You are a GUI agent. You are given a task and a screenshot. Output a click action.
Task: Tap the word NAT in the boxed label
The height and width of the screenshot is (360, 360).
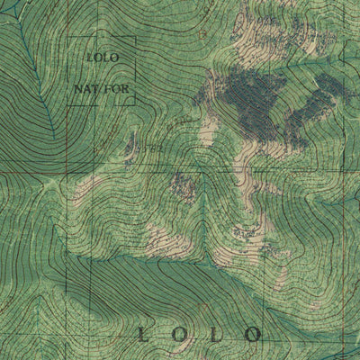click(85, 90)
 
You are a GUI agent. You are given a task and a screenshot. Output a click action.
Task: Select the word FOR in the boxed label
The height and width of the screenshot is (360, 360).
click(114, 90)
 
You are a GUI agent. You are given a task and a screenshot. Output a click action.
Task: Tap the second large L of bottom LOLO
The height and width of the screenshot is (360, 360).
click(216, 336)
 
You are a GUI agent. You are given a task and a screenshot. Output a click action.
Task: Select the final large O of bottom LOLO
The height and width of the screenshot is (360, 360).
click(253, 336)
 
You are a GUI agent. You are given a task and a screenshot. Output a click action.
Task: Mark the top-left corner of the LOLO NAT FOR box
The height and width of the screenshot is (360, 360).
click(69, 37)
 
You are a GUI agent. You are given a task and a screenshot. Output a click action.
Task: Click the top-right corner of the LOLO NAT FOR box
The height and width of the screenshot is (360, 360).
click(136, 37)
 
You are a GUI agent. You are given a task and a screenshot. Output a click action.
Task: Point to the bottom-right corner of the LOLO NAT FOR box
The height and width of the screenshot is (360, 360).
click(136, 105)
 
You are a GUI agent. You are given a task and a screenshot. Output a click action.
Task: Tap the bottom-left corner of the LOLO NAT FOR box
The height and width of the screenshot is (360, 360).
click(69, 105)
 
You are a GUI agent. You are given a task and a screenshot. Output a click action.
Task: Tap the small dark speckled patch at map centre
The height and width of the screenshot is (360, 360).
click(187, 186)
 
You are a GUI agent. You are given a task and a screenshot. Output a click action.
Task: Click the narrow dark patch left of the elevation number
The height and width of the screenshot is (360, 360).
click(133, 142)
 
